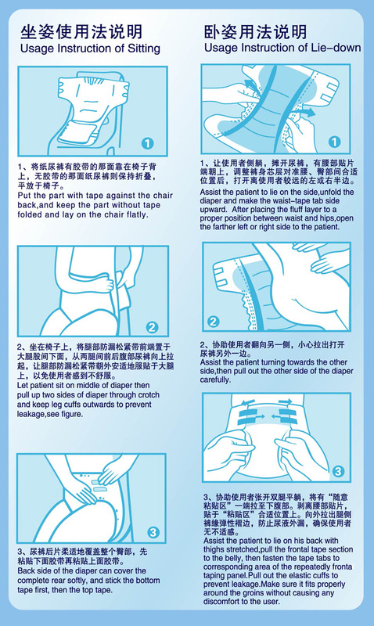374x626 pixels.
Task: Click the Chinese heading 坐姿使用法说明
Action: [x=81, y=32]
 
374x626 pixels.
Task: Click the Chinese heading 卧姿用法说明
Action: [x=255, y=32]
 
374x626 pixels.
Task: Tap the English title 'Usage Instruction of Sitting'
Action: [x=90, y=49]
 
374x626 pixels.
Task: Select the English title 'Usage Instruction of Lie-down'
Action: [x=282, y=48]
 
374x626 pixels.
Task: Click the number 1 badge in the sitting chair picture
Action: [x=147, y=143]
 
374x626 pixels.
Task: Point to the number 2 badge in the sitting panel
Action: [x=152, y=328]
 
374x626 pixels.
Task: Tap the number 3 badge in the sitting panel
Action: [x=153, y=532]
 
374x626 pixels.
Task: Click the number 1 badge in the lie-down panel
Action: [x=334, y=142]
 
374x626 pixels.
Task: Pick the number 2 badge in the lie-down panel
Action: [x=214, y=322]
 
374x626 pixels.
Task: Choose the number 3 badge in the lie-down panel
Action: [x=338, y=471]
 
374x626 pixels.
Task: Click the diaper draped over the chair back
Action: [x=92, y=108]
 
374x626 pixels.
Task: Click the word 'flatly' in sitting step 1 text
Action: [x=137, y=214]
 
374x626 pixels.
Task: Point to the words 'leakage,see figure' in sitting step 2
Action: [x=50, y=415]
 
